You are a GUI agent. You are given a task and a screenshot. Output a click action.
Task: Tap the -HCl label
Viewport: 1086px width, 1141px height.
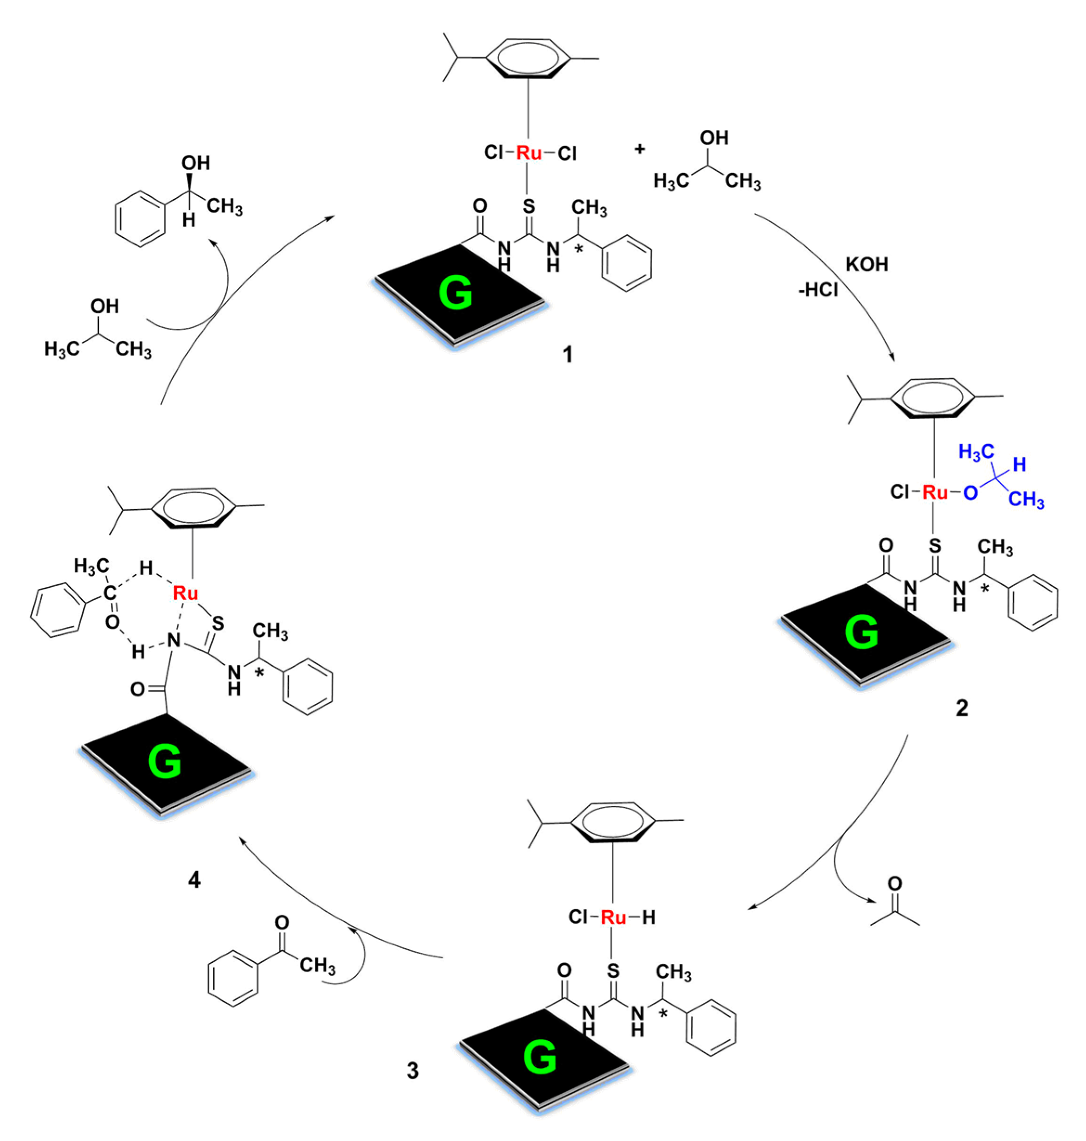[818, 290]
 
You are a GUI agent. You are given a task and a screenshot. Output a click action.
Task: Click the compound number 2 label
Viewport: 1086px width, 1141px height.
[962, 708]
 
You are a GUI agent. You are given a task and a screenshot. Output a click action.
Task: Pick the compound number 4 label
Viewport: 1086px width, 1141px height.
[194, 880]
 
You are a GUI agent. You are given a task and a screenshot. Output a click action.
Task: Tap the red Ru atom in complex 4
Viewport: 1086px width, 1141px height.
[185, 593]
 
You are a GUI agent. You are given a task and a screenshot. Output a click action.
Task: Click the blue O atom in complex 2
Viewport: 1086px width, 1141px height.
[970, 493]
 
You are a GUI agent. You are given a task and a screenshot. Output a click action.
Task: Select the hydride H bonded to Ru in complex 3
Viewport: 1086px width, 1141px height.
[649, 917]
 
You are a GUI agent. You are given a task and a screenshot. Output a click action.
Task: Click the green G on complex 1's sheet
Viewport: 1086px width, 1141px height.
[456, 293]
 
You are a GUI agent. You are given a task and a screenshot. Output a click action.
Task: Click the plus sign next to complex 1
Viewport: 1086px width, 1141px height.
[640, 149]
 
